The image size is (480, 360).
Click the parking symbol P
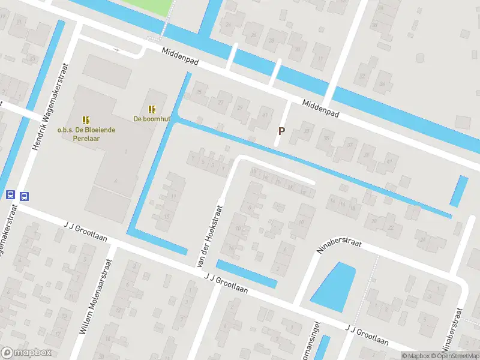pos(280,131)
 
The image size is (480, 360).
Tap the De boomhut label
pos(152,119)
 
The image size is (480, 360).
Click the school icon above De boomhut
pos(152,109)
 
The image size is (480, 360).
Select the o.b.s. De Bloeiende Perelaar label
pos(86,133)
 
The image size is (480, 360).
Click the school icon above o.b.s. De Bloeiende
pos(86,119)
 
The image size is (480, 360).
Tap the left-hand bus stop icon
pos(10,195)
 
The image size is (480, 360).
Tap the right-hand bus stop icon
pos(25,196)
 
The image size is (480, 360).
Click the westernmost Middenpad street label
pos(180,58)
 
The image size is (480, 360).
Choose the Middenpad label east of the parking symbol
pos(320,108)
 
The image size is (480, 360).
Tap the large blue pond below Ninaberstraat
pos(333,287)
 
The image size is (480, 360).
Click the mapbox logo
pos(26,353)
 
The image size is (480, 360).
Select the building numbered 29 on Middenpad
pos(241,107)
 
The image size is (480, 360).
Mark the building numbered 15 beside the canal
pos(167,217)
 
